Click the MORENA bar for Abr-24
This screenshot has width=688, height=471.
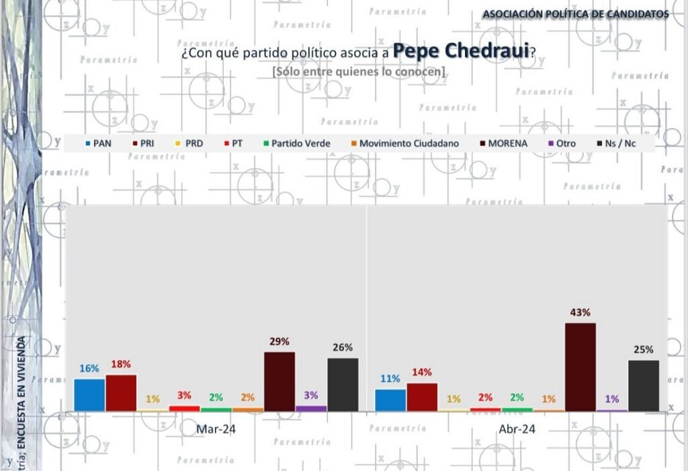580,367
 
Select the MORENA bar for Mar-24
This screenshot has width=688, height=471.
279,381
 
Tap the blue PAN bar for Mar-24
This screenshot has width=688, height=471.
89,394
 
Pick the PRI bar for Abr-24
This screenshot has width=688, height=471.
422,396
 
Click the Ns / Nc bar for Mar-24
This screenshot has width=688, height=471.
343,384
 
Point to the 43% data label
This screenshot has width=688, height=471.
580,312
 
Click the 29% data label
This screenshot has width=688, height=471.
279,341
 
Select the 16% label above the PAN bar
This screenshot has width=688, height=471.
89,368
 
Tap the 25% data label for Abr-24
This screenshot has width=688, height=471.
643,349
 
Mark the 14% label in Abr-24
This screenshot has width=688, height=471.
422,372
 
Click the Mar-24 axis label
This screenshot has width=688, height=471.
216,429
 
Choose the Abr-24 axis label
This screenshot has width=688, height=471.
517,429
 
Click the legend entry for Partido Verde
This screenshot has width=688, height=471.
296,143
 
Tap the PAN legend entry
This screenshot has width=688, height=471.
99,143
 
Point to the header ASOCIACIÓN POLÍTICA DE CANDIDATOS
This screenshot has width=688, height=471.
576,13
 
